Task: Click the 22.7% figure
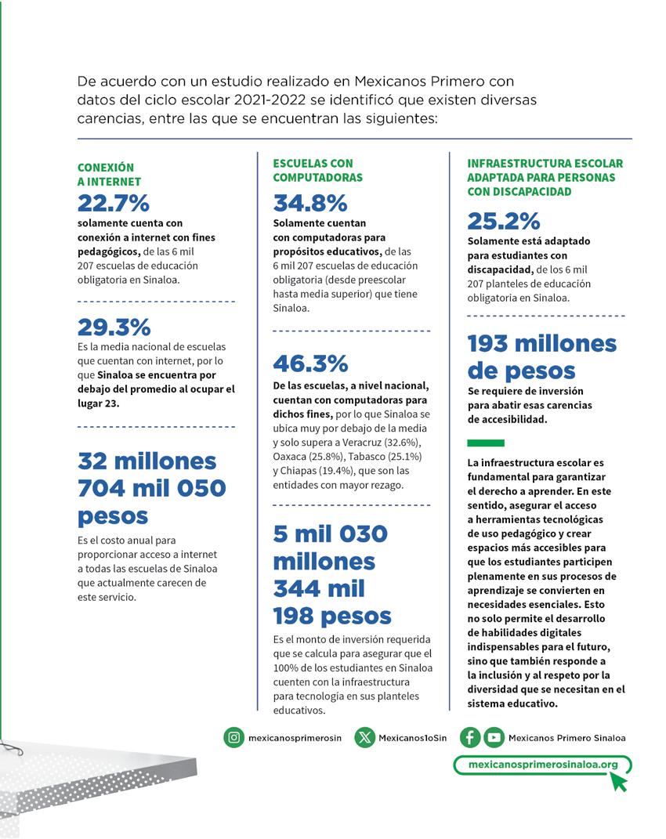tap(113, 204)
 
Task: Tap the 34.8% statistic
tap(309, 204)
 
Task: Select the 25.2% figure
tap(504, 222)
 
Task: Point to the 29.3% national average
tap(114, 327)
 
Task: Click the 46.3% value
tap(310, 363)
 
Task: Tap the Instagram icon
tap(233, 737)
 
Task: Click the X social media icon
tap(364, 737)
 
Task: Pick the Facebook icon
tap(470, 737)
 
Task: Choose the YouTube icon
tap(494, 737)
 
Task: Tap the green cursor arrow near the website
tap(619, 781)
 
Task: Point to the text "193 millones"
tap(542, 343)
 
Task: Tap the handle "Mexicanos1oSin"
tap(412, 738)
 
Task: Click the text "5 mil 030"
tap(330, 534)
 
